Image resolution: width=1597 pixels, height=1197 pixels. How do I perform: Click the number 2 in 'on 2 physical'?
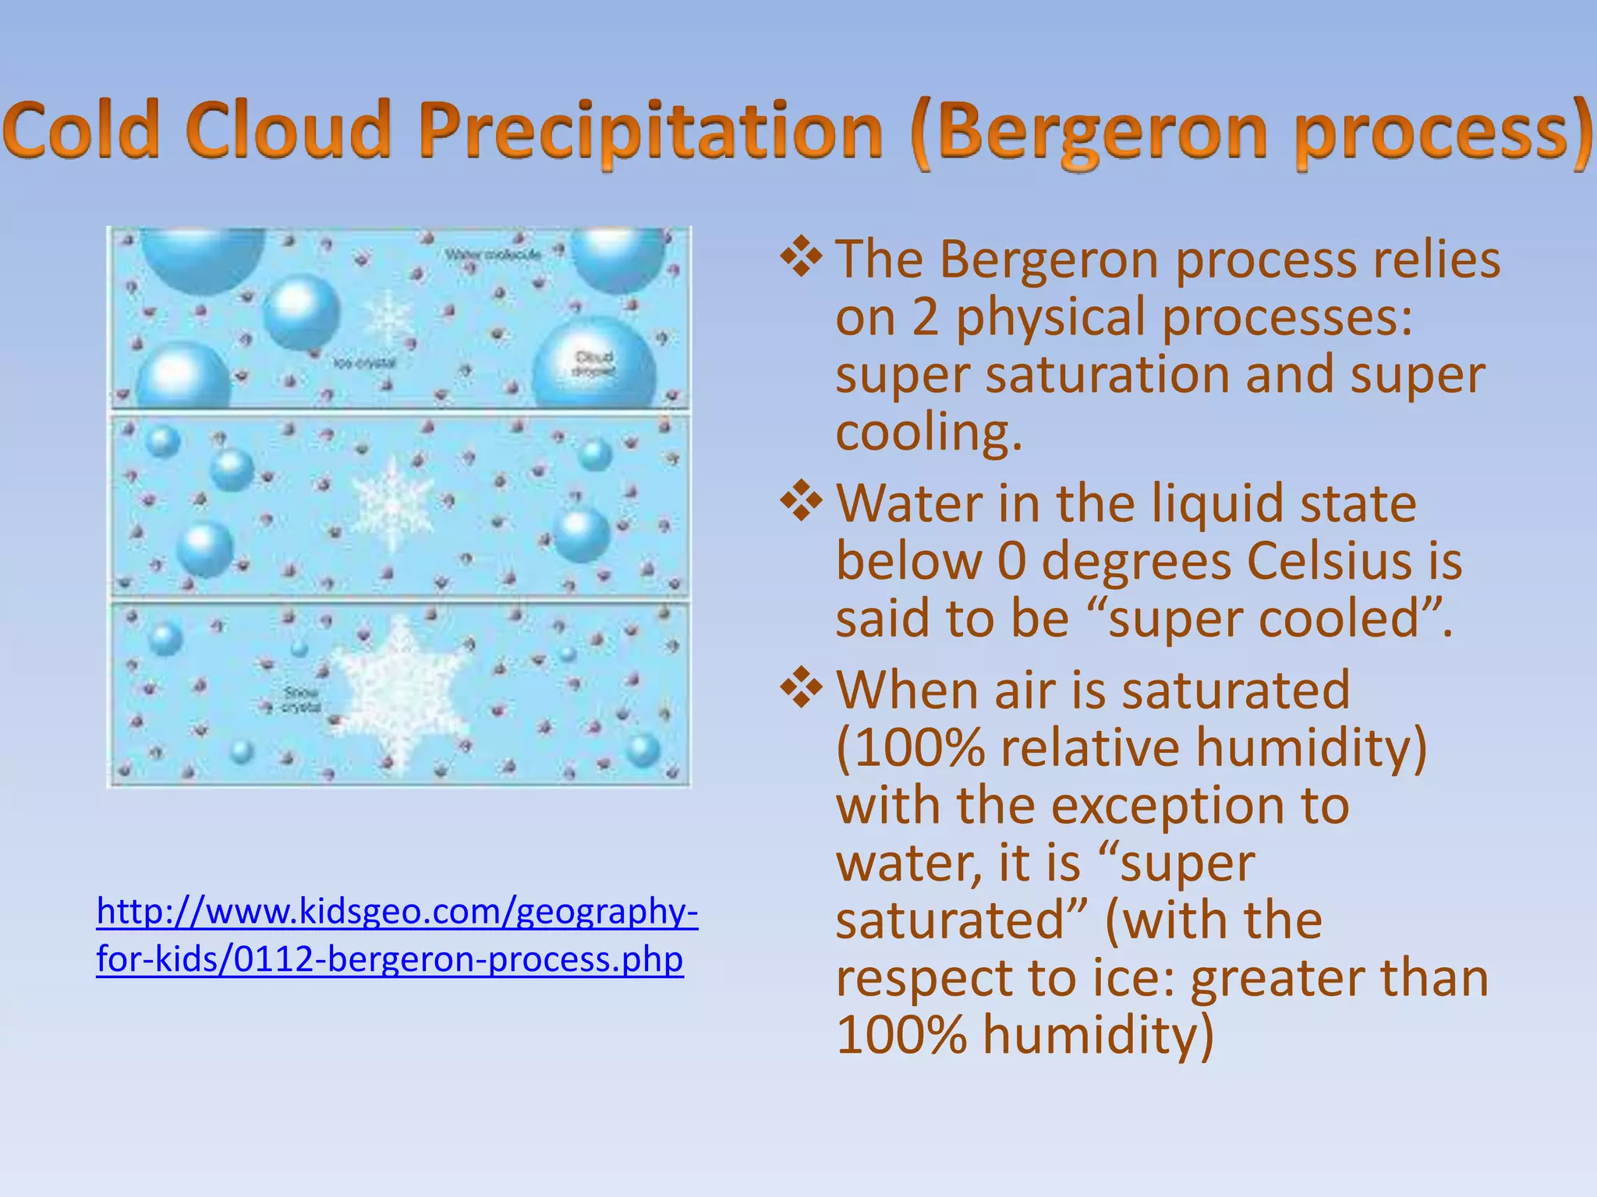pyautogui.click(x=925, y=318)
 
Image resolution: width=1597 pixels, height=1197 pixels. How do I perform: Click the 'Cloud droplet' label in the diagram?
pyautogui.click(x=594, y=363)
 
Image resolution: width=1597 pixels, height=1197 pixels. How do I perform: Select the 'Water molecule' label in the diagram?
pyautogui.click(x=492, y=255)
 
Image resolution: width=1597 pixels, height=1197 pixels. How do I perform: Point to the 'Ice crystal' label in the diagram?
pyautogui.click(x=364, y=363)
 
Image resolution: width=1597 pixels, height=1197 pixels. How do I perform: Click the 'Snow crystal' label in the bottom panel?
pyautogui.click(x=301, y=699)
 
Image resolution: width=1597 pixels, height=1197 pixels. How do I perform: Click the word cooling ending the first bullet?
pyautogui.click(x=928, y=433)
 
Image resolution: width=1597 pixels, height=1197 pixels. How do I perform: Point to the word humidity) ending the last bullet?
pyautogui.click(x=1098, y=1035)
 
